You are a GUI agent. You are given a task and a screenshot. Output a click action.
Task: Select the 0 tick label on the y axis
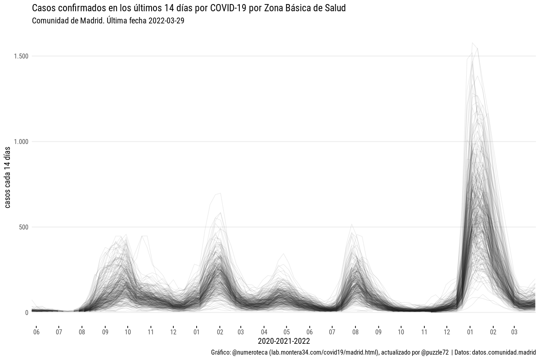[x=27, y=313]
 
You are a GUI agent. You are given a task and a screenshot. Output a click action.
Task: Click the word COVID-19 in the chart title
[x=227, y=9]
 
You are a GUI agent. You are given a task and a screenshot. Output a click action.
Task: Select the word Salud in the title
[x=335, y=9]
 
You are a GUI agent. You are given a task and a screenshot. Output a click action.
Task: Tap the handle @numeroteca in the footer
[x=249, y=352]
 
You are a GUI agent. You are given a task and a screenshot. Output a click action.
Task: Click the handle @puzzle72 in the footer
[x=434, y=352]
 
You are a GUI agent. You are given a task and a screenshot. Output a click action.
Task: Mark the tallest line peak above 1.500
[x=472, y=43]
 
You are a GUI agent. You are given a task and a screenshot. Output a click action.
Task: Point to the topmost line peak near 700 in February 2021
[x=219, y=193]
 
